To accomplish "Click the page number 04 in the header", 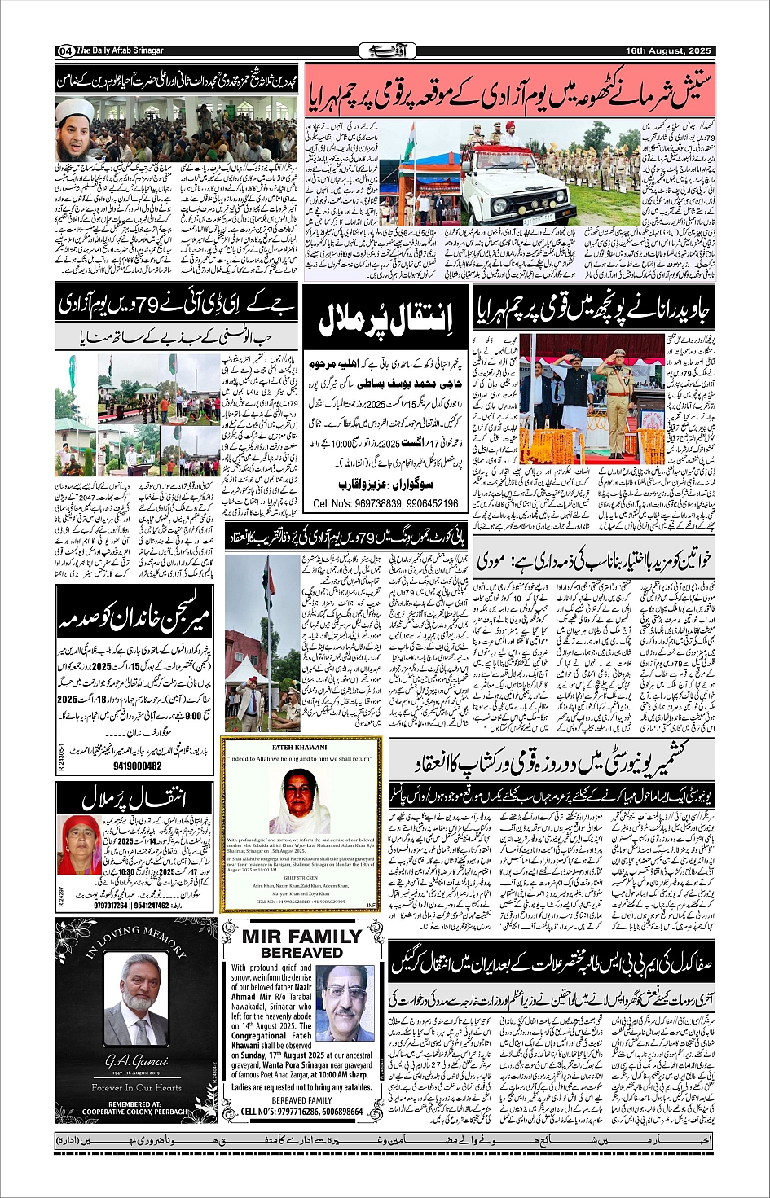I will coord(64,51).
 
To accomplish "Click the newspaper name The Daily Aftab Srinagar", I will coord(120,51).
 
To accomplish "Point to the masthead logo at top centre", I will coord(386,51).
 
